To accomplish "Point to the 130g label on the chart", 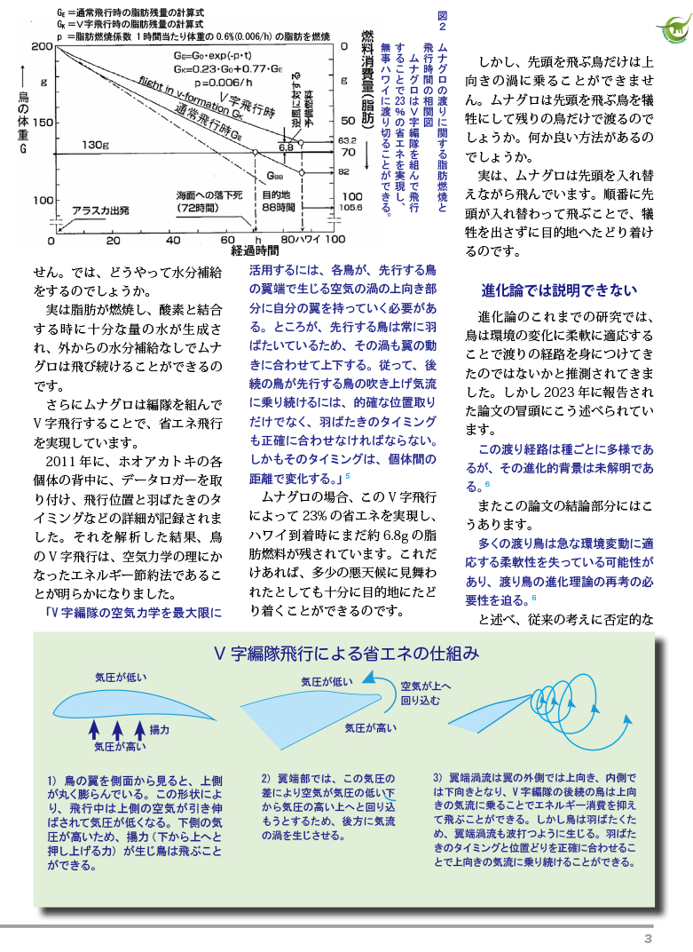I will click(x=94, y=144).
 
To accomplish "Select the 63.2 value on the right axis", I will click(x=347, y=140).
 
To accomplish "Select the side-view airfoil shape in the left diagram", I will click(x=133, y=704).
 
